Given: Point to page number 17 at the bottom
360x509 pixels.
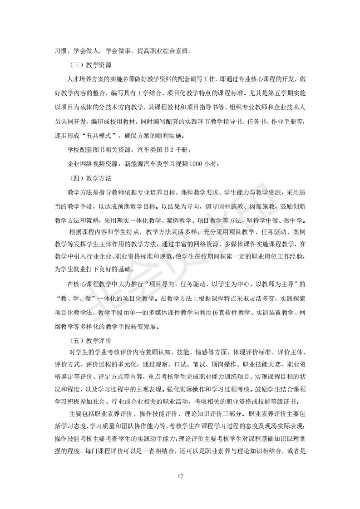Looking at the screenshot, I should pos(180,476).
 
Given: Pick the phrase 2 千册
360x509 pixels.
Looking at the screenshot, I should pos(187,150).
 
